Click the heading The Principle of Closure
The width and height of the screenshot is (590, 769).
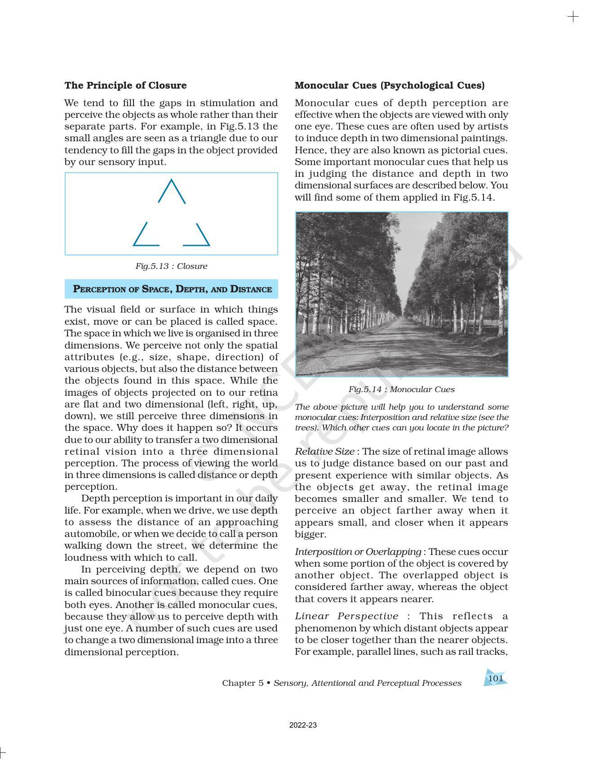pyautogui.click(x=125, y=85)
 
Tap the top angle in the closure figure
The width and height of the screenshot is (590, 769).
pyautogui.click(x=172, y=191)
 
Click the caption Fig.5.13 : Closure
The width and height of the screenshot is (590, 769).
pyautogui.click(x=171, y=266)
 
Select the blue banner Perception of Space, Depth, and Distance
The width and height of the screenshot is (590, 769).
pyautogui.click(x=172, y=289)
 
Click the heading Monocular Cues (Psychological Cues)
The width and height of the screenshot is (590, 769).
pyautogui.click(x=390, y=85)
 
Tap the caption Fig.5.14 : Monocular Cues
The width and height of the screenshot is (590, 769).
pyautogui.click(x=401, y=389)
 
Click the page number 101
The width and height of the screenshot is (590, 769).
pyautogui.click(x=495, y=678)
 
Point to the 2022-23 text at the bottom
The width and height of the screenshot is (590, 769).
pyautogui.click(x=303, y=725)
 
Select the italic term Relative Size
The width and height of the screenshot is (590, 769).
pyautogui.click(x=324, y=452)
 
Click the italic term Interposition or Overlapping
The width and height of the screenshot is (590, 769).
pyautogui.click(x=358, y=552)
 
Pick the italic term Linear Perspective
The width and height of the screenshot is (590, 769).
pyautogui.click(x=346, y=617)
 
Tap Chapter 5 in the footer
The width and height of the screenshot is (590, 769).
pyautogui.click(x=243, y=683)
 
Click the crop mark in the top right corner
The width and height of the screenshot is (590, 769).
pyautogui.click(x=573, y=17)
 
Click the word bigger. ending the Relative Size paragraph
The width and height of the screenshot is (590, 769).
pyautogui.click(x=310, y=534)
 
